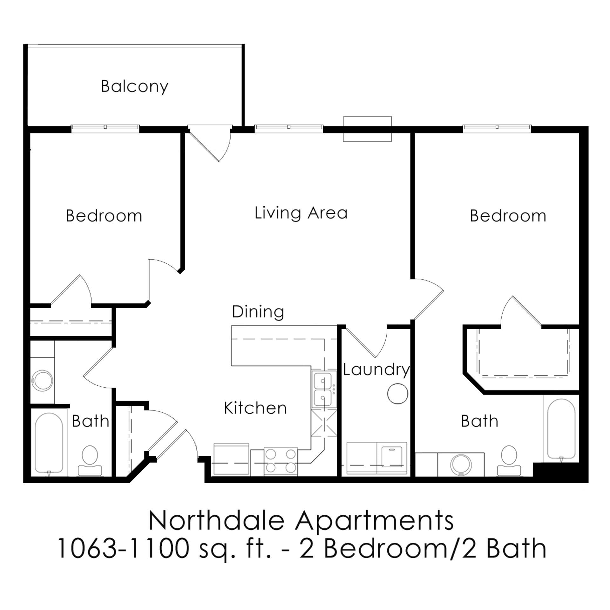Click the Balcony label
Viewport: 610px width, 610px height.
134,86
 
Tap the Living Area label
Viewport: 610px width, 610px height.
301,213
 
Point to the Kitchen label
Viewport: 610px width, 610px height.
255,408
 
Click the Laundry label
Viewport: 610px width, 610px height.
376,369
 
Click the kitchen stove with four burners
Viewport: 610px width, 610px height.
281,461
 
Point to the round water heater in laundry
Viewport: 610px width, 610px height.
397,394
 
